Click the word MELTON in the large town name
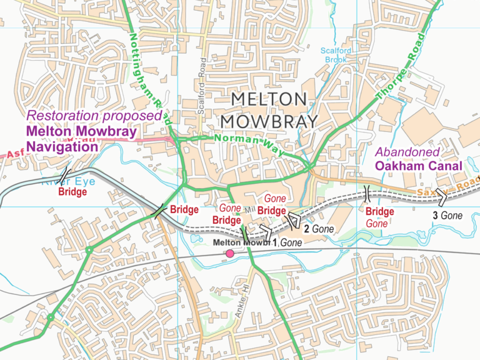(269, 99)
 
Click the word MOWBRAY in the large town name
(269, 121)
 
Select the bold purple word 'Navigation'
(62, 147)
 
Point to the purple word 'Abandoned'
(407, 152)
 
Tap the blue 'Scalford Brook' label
(337, 56)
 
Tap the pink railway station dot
(230, 253)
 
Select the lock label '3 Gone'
(447, 215)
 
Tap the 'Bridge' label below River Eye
(72, 192)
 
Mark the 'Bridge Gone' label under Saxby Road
(379, 217)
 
